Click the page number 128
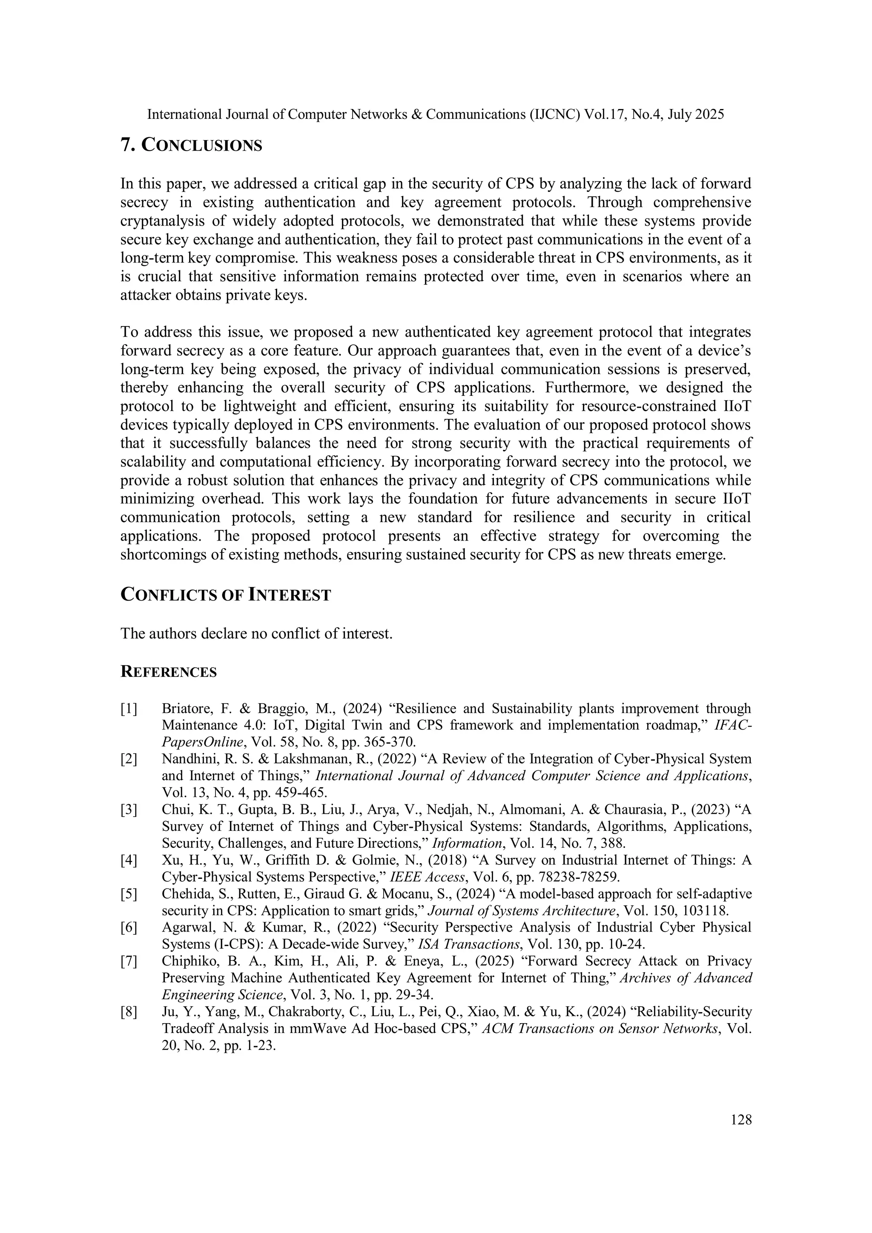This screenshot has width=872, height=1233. (x=741, y=1120)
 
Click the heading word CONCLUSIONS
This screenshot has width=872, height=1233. (x=201, y=146)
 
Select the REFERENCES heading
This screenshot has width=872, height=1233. (x=168, y=672)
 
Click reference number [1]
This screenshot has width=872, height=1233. (x=129, y=709)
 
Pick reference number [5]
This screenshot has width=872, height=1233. (x=129, y=894)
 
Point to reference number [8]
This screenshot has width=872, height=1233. (x=129, y=1012)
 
